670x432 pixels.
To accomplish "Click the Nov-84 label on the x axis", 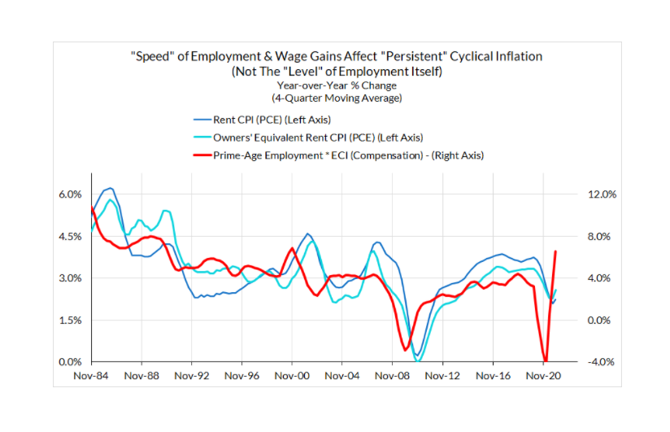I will pos(92,377).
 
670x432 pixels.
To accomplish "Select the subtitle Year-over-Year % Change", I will pos(334,85).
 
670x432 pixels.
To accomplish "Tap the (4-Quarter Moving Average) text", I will pos(334,98).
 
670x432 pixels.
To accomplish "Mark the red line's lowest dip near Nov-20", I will pos(545,361).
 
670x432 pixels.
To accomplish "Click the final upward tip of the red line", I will pos(555,251).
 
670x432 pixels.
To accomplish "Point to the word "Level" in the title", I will pos(334,71).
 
